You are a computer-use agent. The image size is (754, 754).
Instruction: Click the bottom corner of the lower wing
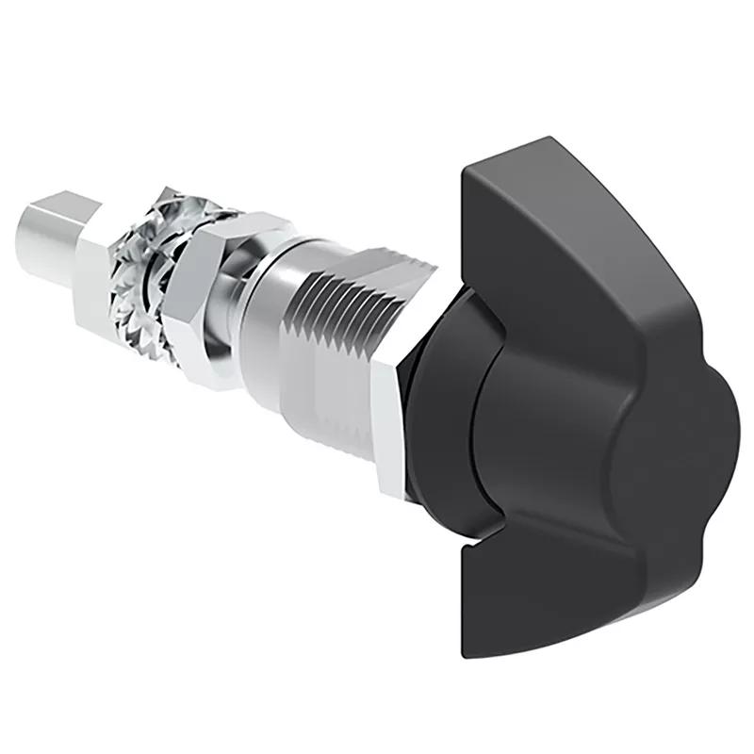[x=471, y=650]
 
